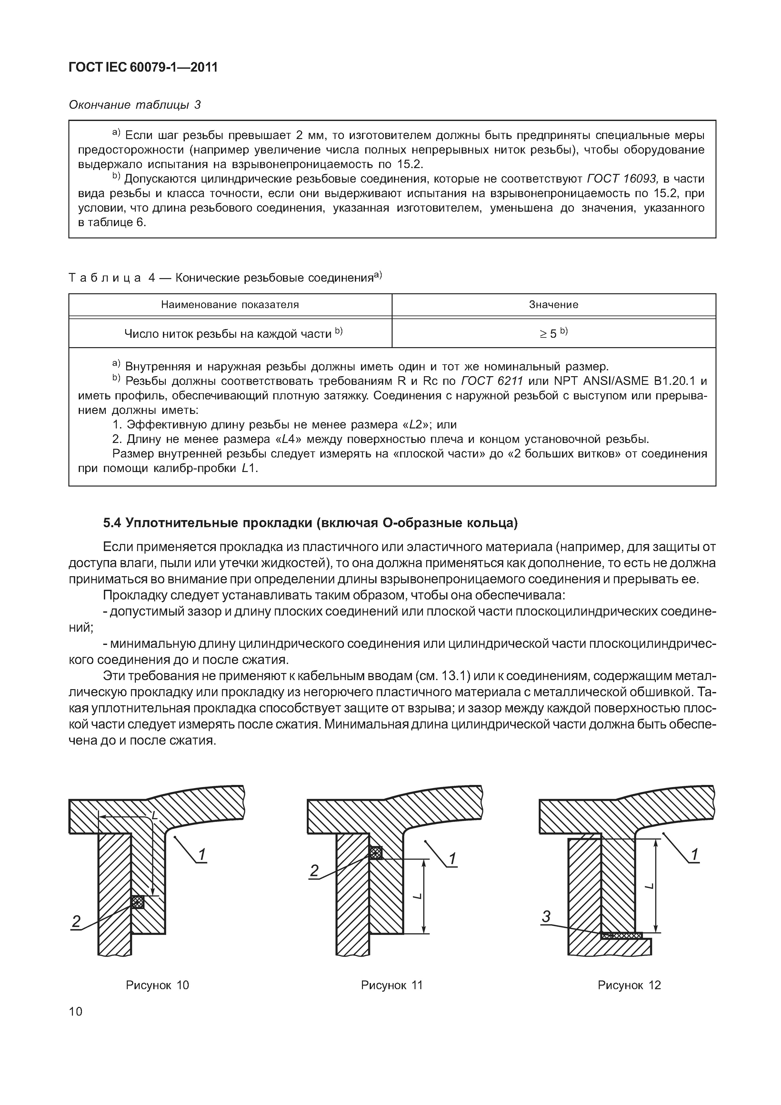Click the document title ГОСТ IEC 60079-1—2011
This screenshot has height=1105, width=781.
[x=143, y=67]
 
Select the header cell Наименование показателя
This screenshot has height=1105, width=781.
[x=230, y=305]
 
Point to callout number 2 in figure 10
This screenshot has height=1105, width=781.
[x=76, y=921]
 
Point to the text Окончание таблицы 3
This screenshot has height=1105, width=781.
[x=135, y=105]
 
